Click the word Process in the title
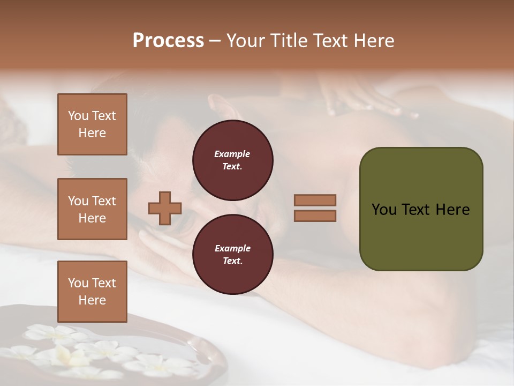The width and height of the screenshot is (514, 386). click(168, 41)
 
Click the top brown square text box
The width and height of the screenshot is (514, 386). click(92, 124)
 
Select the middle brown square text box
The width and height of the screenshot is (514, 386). click(92, 209)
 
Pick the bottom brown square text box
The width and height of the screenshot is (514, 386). click(92, 292)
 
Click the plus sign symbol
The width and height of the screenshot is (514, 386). click(165, 208)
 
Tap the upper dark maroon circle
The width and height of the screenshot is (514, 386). click(232, 160)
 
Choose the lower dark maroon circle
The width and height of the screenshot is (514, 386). click(232, 254)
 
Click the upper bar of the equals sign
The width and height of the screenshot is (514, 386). click(315, 200)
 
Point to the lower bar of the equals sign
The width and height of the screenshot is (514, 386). click(315, 216)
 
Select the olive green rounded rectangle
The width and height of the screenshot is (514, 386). click(421, 209)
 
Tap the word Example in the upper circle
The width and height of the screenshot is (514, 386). click(232, 154)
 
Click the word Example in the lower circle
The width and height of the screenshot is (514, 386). click(232, 248)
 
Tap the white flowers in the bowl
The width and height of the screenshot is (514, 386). click(80, 351)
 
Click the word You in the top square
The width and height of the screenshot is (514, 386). click(78, 116)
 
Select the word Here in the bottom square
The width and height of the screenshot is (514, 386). click(92, 300)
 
